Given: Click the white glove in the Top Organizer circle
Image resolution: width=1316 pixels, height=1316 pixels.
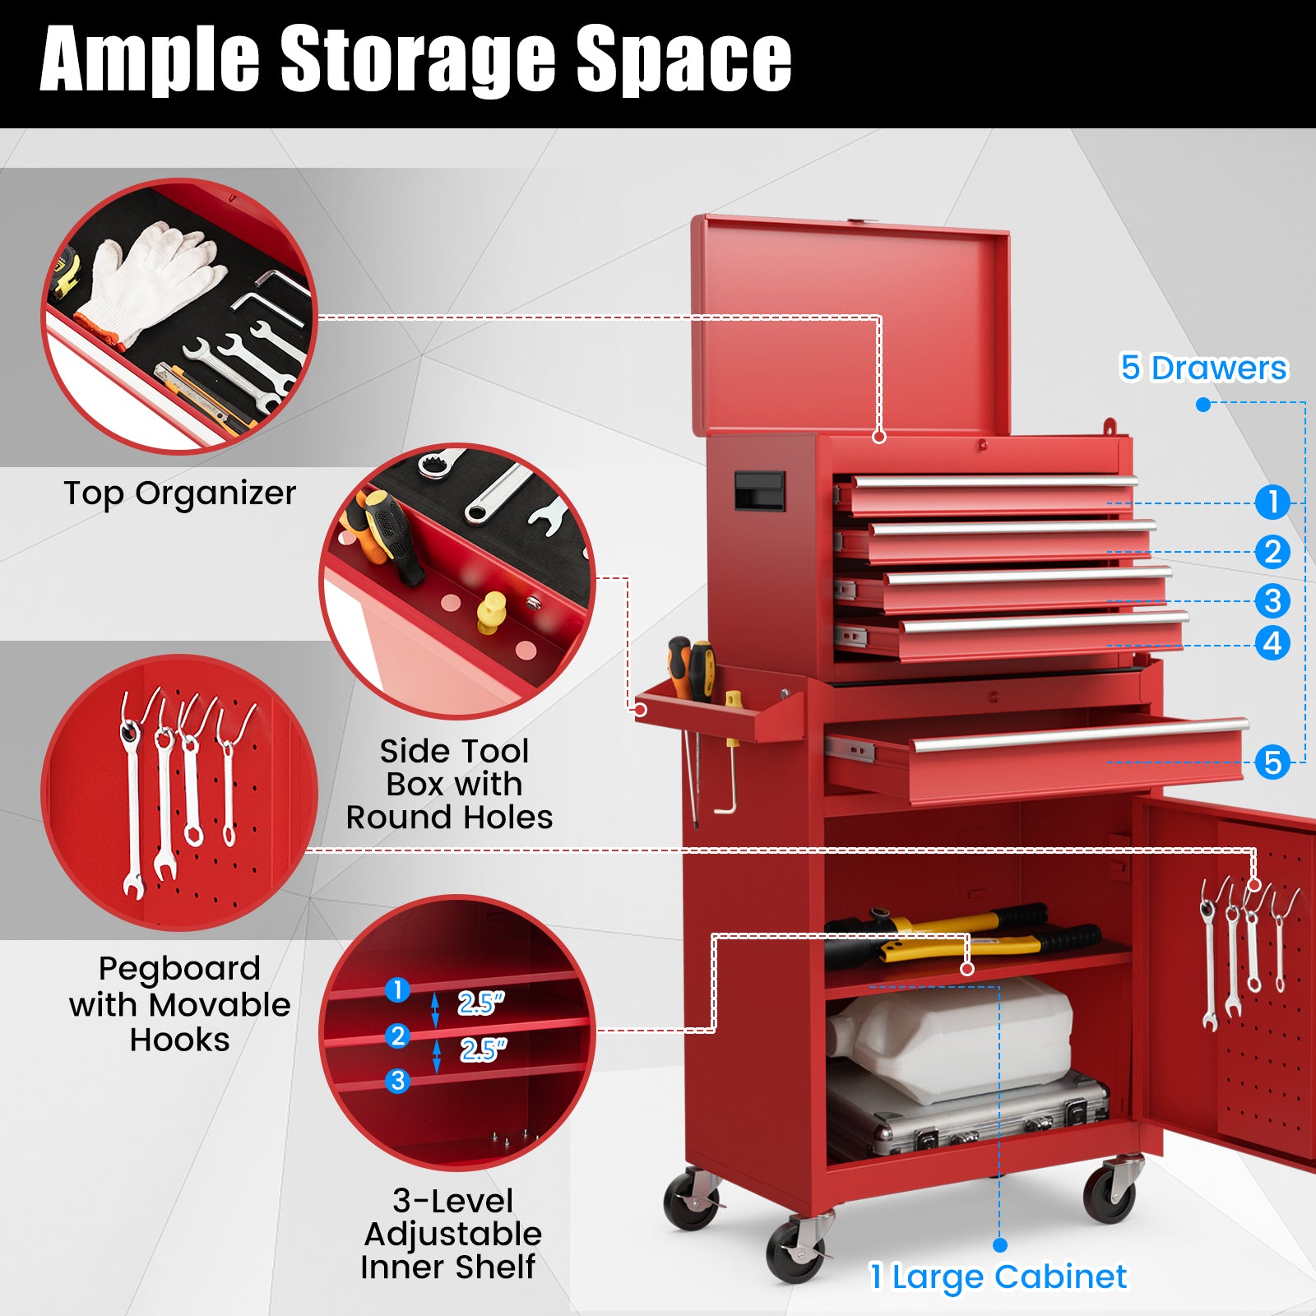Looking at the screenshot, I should pos(152,276).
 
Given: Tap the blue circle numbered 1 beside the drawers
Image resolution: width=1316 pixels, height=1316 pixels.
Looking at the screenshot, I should pos(1272,502).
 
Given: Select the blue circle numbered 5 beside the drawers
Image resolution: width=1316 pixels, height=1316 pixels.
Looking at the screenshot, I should pos(1272,762).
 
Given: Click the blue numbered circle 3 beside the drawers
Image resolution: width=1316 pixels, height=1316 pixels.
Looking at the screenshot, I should pos(1272,601).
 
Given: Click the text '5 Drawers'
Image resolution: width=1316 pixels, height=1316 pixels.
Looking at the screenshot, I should pos(1203,368).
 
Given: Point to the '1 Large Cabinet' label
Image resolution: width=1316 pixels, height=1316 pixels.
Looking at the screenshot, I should pos(999,1277).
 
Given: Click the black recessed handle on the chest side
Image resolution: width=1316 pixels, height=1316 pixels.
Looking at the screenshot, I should pos(758,490).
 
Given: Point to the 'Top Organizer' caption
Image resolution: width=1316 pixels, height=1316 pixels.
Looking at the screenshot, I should pos(179,493).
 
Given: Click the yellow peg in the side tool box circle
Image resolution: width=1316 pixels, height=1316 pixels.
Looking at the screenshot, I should pos(491,610).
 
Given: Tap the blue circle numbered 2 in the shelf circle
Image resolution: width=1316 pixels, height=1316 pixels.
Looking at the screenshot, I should pos(398,1036).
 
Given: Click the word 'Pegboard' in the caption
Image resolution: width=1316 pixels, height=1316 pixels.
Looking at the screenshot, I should pos(179,969).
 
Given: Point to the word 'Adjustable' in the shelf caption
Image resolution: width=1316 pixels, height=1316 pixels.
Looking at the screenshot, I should pos(453,1235).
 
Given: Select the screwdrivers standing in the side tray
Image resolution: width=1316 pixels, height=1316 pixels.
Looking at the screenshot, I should pos(689,666).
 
